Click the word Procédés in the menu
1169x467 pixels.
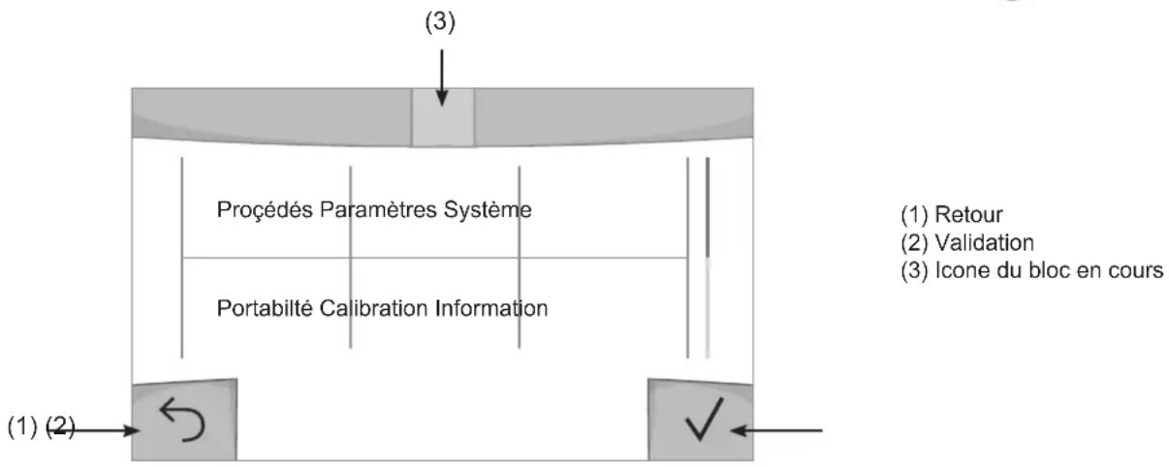click(x=266, y=209)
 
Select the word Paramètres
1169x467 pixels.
click(x=378, y=209)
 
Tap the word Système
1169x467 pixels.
click(x=488, y=209)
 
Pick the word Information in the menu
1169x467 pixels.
click(x=491, y=308)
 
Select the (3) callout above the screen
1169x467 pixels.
click(x=440, y=22)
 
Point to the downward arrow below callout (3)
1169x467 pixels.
click(x=442, y=78)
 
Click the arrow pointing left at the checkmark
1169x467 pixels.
click(x=776, y=430)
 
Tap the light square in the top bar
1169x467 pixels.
click(x=443, y=117)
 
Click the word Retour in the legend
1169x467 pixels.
click(x=968, y=214)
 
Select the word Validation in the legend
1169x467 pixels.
click(x=984, y=242)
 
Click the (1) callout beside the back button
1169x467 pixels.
click(x=22, y=427)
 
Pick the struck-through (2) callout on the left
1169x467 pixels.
click(x=60, y=427)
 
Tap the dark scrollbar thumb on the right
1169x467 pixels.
click(x=708, y=207)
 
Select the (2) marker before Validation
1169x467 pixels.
click(x=914, y=242)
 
